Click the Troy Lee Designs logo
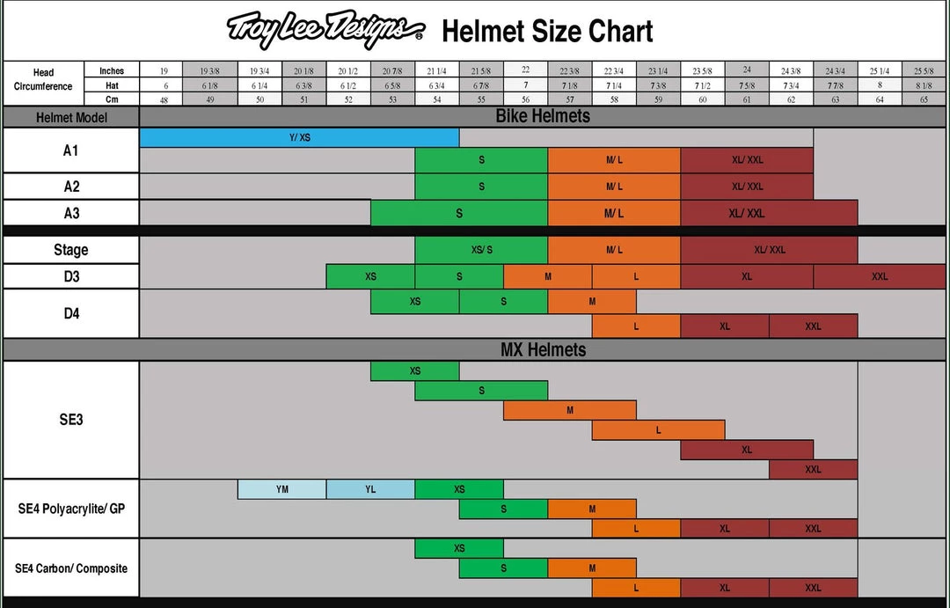tap(325, 31)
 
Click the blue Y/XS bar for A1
tap(299, 137)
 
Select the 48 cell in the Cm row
tap(162, 99)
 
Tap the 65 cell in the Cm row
tap(924, 99)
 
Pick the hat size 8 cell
tap(880, 85)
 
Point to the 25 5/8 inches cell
tap(924, 70)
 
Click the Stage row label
tap(70, 250)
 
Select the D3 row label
tap(70, 276)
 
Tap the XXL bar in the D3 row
tap(880, 276)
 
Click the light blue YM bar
tap(281, 489)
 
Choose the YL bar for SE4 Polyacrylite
tap(370, 489)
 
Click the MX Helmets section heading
tap(543, 349)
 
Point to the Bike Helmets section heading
tap(543, 116)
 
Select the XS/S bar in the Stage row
tap(481, 250)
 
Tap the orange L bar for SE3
tap(658, 430)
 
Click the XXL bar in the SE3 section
tap(813, 469)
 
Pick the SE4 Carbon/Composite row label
tap(70, 568)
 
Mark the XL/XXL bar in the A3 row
tap(769, 213)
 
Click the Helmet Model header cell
tap(70, 117)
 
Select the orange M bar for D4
tap(592, 302)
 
